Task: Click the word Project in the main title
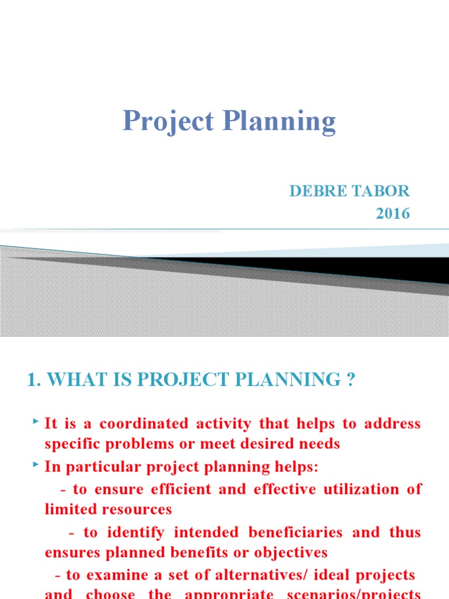click(168, 122)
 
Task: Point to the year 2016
click(393, 214)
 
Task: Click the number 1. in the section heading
click(34, 380)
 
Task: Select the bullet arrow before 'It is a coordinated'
click(36, 421)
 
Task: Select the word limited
click(68, 510)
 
